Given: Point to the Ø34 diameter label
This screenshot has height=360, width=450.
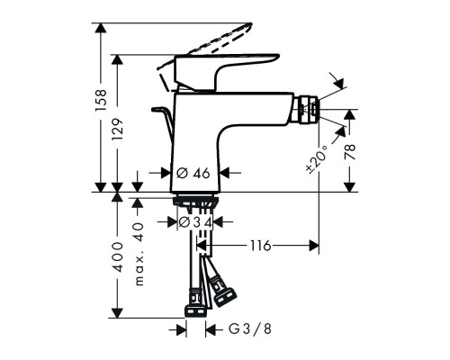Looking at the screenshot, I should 195,221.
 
